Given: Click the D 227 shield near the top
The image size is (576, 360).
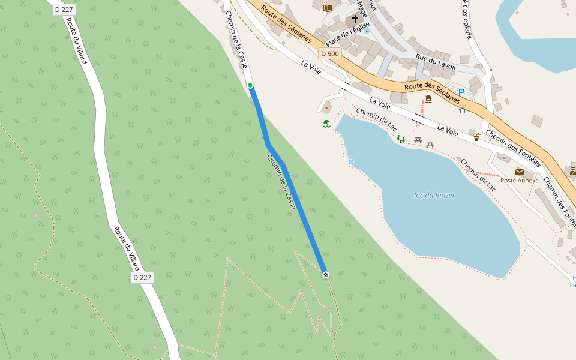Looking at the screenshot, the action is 64,9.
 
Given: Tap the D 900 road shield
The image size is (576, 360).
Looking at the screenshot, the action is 330,53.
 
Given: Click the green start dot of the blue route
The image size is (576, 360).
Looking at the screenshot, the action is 250,86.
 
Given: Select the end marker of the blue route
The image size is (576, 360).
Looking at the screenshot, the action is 326,275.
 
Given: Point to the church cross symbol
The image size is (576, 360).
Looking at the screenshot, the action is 355,19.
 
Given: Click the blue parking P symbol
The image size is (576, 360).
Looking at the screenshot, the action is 461,92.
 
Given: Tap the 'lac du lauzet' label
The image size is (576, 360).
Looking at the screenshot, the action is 434,195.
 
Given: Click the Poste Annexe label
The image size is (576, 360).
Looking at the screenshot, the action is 520,180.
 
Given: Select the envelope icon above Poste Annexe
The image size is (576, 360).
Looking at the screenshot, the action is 520,172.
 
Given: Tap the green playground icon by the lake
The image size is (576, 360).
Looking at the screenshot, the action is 401,139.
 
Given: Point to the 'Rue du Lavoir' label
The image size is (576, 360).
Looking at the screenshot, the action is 436,61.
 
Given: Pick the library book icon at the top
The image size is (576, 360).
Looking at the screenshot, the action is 327,8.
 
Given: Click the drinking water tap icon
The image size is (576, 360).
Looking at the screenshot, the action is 477,137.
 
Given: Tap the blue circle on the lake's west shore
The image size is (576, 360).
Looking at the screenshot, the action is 351,162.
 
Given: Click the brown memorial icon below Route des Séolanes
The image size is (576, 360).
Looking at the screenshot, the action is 428,99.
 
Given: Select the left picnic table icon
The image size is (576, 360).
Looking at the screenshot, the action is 418,141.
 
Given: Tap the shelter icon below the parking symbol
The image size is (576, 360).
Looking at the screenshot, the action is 463,109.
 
